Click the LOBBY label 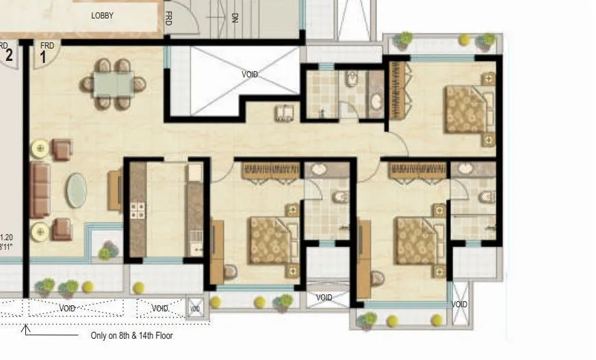(102, 15)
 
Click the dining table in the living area (114, 83)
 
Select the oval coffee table (76, 191)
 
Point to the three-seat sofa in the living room (40, 190)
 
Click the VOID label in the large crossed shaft (250, 74)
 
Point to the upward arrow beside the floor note (27, 331)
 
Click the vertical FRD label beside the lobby (168, 18)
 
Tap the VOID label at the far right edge (459, 304)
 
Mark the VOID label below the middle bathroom (324, 298)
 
